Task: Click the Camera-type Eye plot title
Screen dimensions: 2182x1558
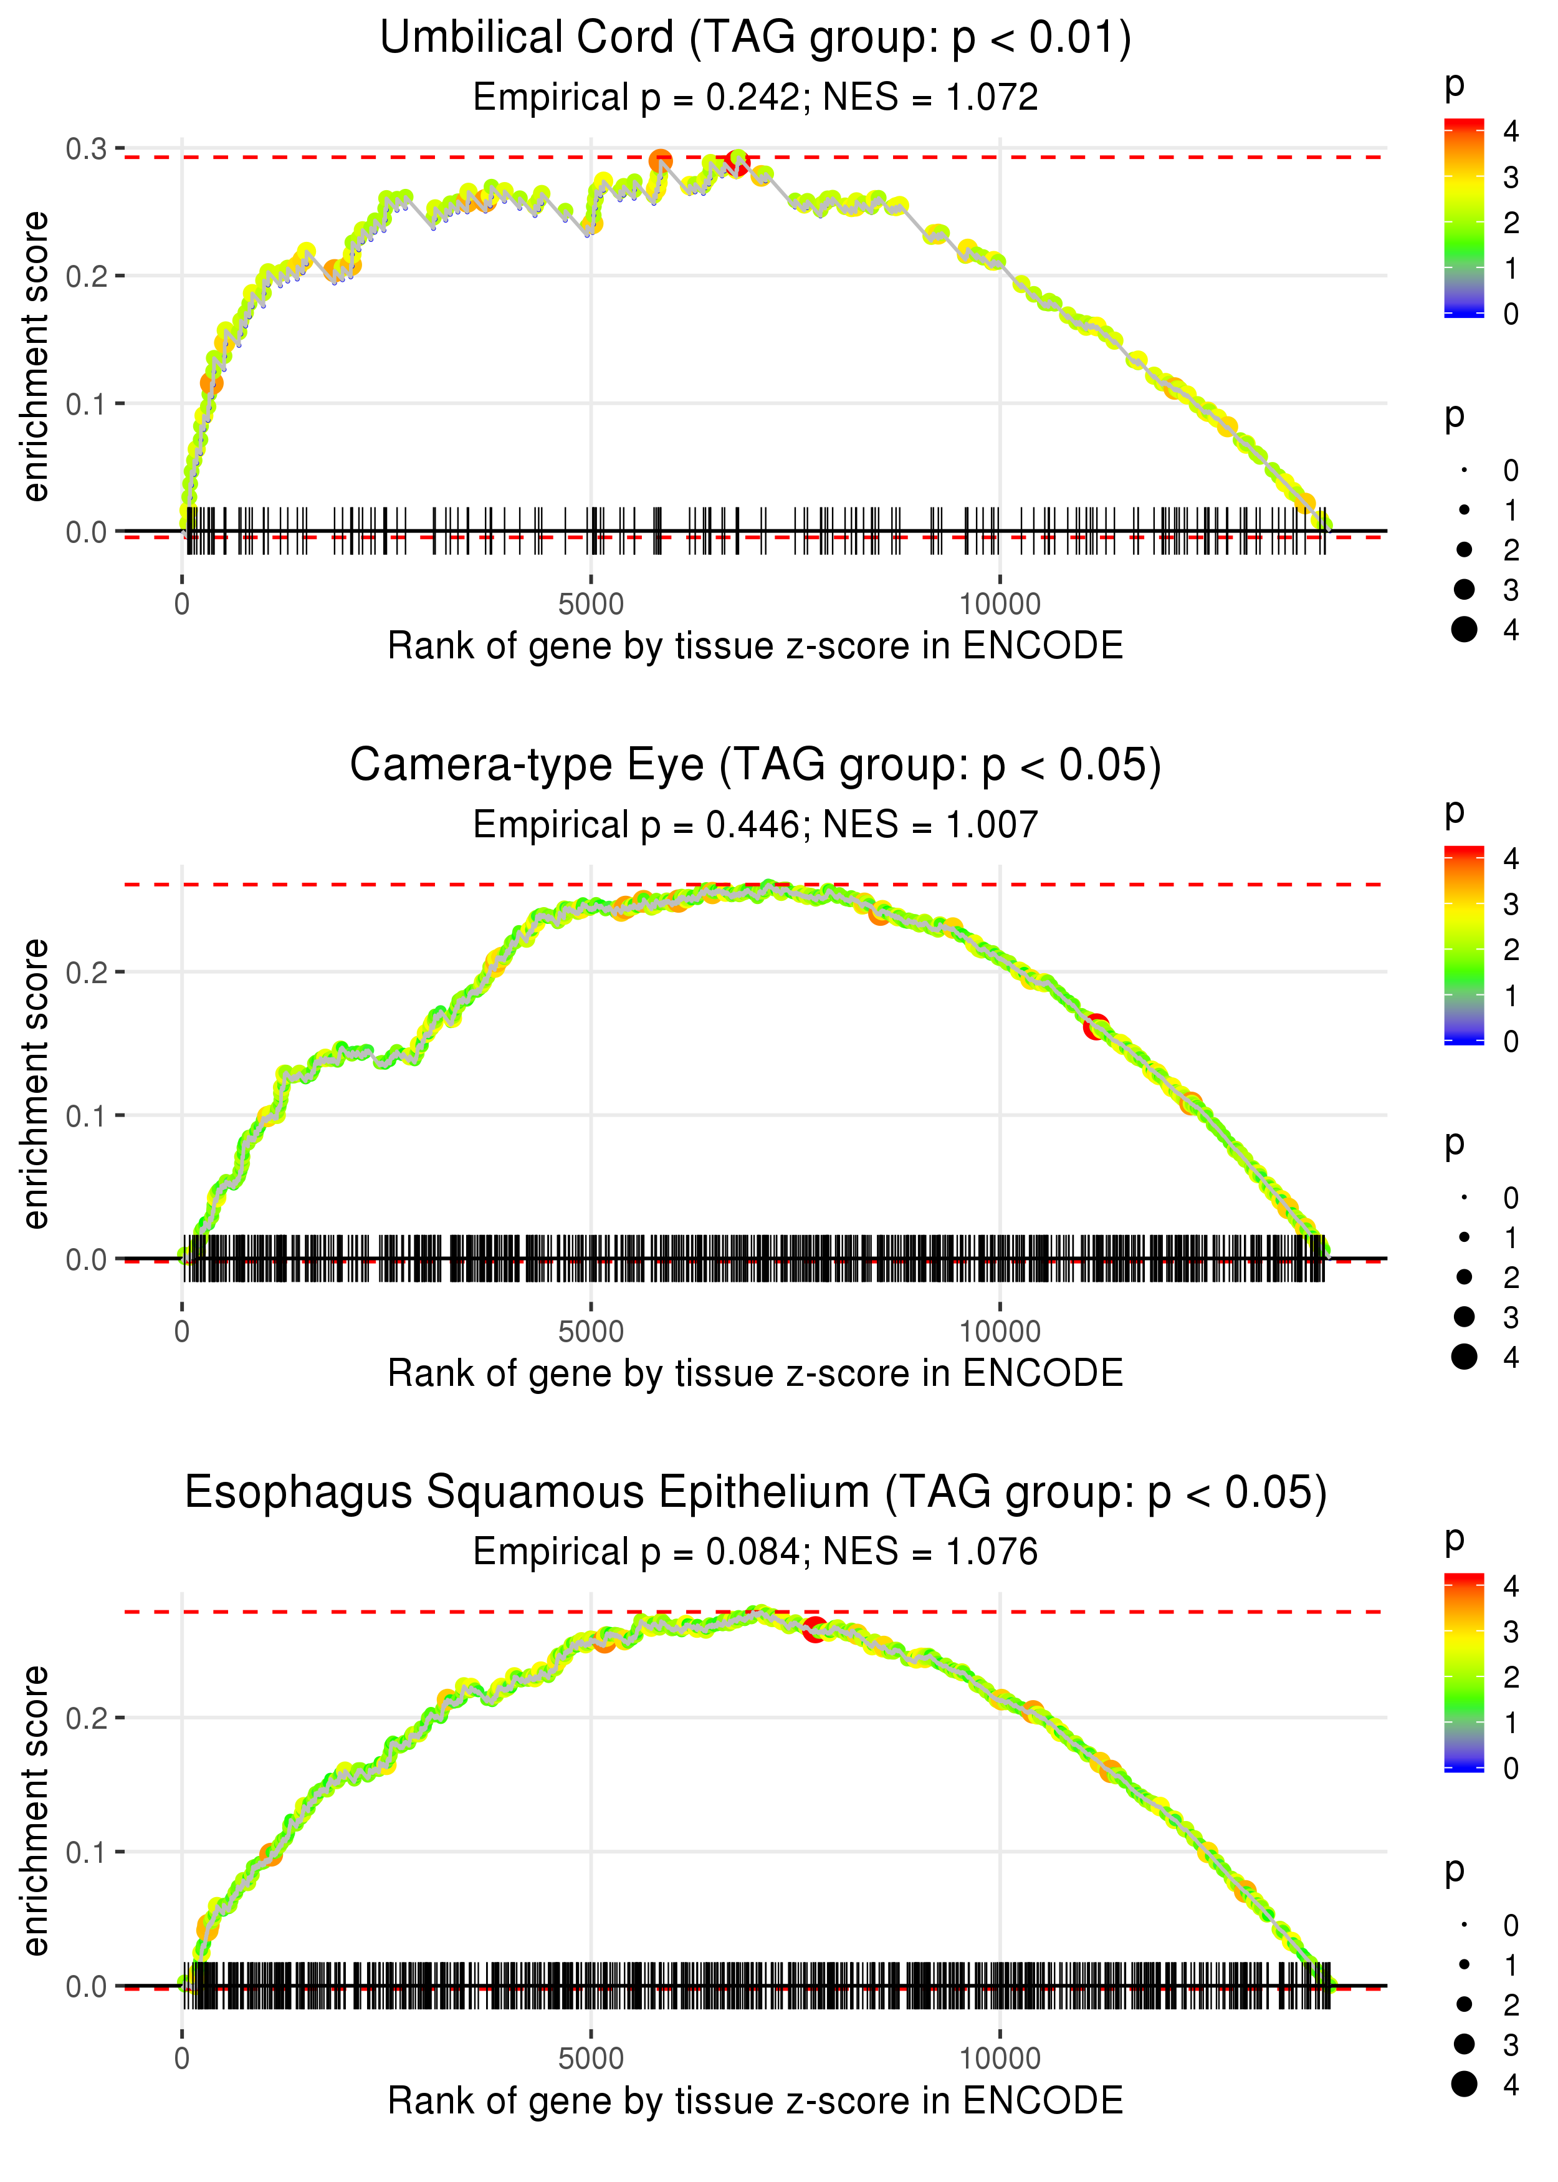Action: coord(755,766)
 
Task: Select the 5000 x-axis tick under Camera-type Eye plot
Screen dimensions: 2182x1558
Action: coord(591,1332)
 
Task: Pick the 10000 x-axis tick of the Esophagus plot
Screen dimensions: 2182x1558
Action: coord(1000,2059)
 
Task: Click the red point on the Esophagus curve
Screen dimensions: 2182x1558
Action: coord(815,1629)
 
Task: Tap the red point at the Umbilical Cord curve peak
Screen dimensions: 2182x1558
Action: coord(737,163)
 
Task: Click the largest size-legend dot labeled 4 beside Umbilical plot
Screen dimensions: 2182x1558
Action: coord(1464,630)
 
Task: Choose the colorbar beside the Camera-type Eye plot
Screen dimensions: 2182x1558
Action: coord(1463,945)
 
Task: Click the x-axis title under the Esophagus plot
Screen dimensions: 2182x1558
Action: coord(755,2102)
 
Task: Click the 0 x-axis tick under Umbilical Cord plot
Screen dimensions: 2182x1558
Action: coord(182,605)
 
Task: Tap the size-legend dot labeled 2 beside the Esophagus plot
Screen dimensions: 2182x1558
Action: coord(1464,2004)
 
